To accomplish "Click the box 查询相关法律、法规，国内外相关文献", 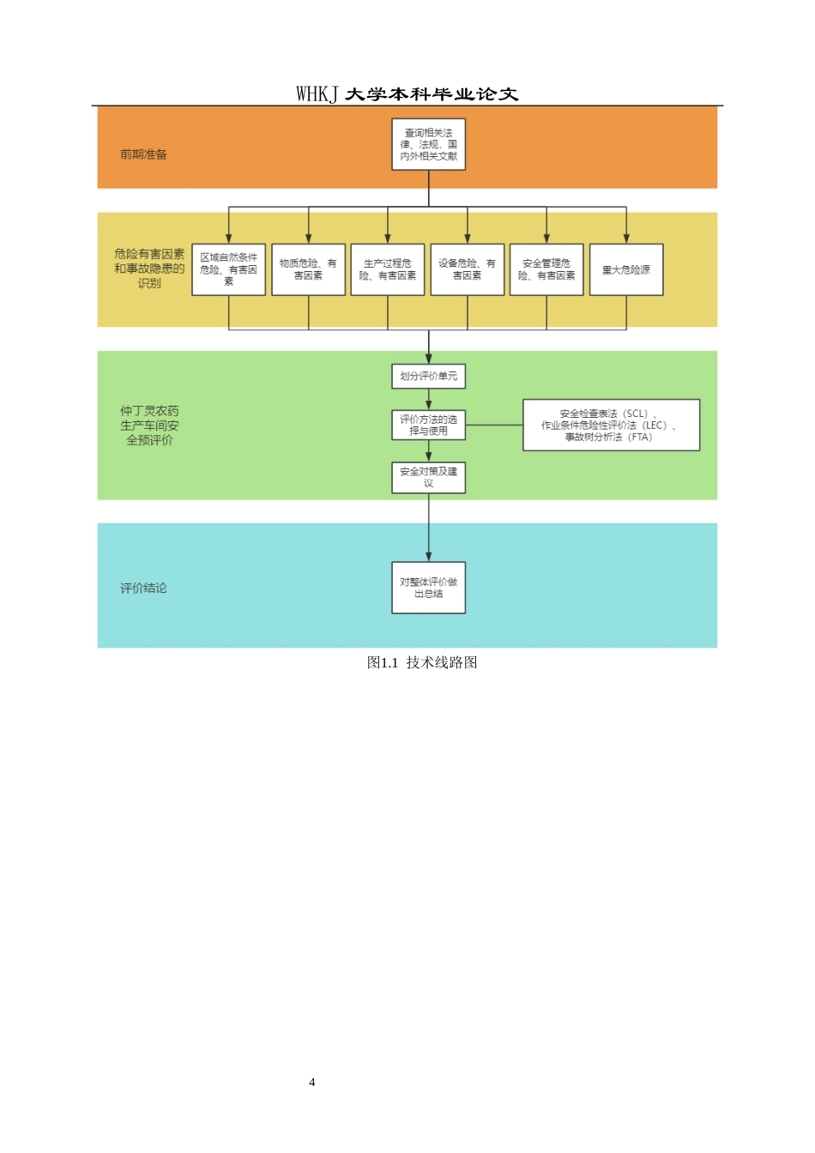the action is click(428, 144).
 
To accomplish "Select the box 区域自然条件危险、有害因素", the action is click(228, 269).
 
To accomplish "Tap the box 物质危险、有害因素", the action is click(308, 269).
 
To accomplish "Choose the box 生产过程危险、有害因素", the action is click(388, 269).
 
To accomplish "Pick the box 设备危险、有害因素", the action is click(467, 269).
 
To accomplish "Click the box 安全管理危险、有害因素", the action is click(546, 269).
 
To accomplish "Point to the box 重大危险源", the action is click(626, 269).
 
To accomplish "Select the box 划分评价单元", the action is click(428, 377).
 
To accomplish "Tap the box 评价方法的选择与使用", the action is click(428, 426).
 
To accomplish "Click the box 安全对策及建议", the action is click(428, 478).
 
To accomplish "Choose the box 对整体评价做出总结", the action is click(428, 588).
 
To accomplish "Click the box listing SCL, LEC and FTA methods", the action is click(611, 426).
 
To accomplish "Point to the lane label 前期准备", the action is click(143, 154).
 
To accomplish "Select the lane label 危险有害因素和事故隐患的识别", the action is click(149, 269).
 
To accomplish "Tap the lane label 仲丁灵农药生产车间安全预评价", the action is click(149, 426).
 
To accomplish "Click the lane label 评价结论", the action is click(143, 588).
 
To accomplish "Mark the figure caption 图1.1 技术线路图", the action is click(422, 662).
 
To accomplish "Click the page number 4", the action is click(312, 1082).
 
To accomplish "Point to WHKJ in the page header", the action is click(317, 94).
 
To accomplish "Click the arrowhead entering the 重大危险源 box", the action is click(626, 238).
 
